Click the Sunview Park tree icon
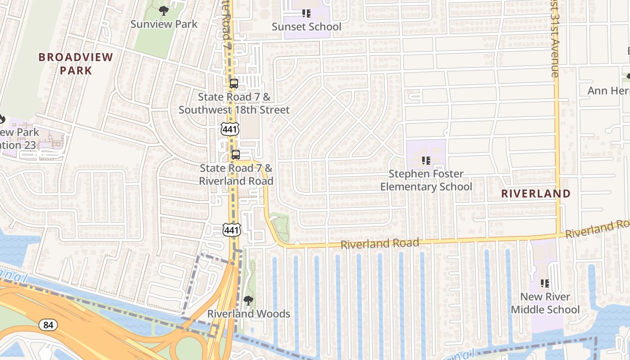(x=164, y=10)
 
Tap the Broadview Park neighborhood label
(x=76, y=63)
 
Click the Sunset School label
(x=306, y=27)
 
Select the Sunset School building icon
(x=306, y=13)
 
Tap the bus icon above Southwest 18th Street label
(x=234, y=83)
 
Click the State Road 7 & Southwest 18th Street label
(x=234, y=103)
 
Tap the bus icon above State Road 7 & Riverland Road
(x=235, y=154)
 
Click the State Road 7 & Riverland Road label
(x=236, y=175)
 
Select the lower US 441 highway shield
(x=232, y=230)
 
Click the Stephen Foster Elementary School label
(x=426, y=180)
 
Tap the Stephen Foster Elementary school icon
(x=426, y=160)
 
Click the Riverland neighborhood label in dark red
(x=536, y=193)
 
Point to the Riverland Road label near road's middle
(x=380, y=244)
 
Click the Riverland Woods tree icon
(x=248, y=300)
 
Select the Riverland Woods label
(x=248, y=314)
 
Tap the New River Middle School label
(x=545, y=303)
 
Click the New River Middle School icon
(x=545, y=283)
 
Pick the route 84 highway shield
(x=48, y=324)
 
